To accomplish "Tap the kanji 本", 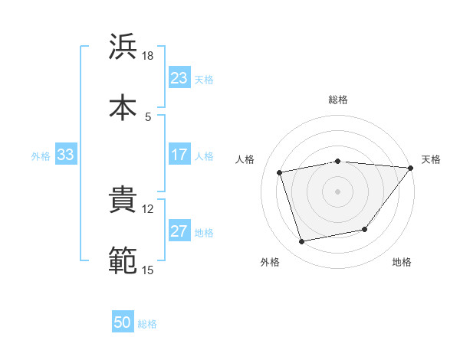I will coord(123,106).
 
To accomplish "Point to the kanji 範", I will coord(123,260).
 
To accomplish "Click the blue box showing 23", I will coord(179,78).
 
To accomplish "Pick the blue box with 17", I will coord(179,155).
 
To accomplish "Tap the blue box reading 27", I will coord(179,232).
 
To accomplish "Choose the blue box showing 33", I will coord(66,155).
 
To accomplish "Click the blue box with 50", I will coord(123,322).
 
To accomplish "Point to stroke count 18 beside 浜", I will coord(147,56).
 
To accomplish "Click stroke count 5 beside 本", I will coord(147,116).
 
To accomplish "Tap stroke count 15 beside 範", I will coord(147,270).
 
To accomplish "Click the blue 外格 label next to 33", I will coord(41,155).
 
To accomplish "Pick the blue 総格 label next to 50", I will coord(147,324).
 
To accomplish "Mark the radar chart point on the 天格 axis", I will coord(411,167).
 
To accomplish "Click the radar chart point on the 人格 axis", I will coord(280,172).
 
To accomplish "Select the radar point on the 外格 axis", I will coord(302,242).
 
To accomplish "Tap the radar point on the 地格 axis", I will coord(365,229).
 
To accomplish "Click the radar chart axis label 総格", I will coord(337,100).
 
